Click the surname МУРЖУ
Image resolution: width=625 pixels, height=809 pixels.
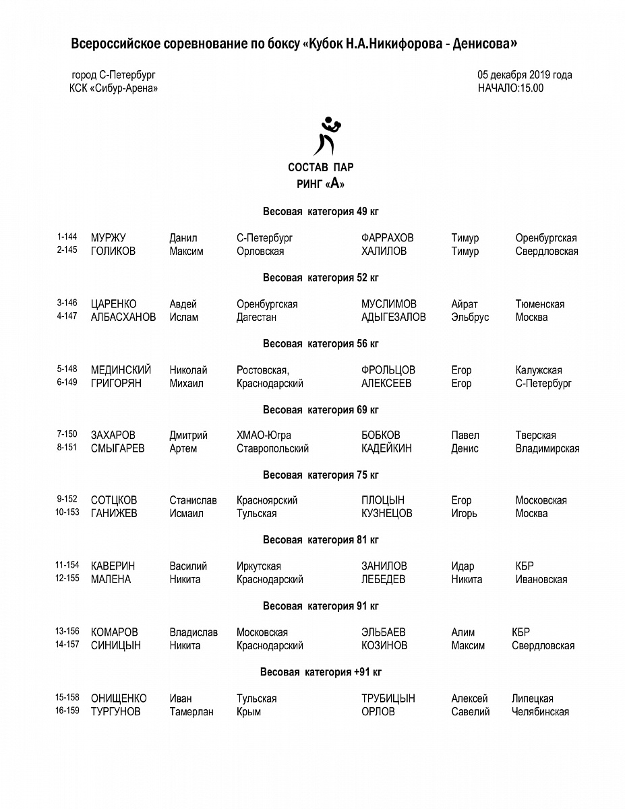[x=108, y=238]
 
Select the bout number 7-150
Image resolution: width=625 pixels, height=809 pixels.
[x=67, y=435]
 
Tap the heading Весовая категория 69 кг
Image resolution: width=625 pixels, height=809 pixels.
[x=321, y=410]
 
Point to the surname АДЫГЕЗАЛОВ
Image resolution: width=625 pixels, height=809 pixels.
[x=394, y=318]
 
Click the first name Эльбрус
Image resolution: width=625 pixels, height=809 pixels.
[x=470, y=318]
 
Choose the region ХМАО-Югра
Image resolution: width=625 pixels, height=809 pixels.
[x=264, y=436]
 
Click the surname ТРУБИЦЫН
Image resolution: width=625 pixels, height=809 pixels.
[x=388, y=698]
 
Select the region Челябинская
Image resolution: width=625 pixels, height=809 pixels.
[x=540, y=712]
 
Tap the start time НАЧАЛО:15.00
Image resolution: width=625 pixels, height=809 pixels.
[x=510, y=88]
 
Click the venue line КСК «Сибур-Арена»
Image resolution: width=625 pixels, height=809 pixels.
[x=113, y=88]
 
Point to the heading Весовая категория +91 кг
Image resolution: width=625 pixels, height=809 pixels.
[x=321, y=672]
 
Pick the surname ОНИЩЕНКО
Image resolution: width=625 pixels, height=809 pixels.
[x=119, y=698]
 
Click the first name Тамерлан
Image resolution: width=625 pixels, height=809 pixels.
[x=192, y=712]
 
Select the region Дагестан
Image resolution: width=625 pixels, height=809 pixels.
[x=256, y=318]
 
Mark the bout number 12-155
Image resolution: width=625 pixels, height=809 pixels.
[x=67, y=578]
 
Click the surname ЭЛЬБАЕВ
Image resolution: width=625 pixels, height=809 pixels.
[x=384, y=632]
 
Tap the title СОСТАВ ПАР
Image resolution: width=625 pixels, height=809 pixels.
[x=320, y=167]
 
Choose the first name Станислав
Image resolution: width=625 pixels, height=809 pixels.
[x=193, y=500]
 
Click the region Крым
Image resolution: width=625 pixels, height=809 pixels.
[x=248, y=712]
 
